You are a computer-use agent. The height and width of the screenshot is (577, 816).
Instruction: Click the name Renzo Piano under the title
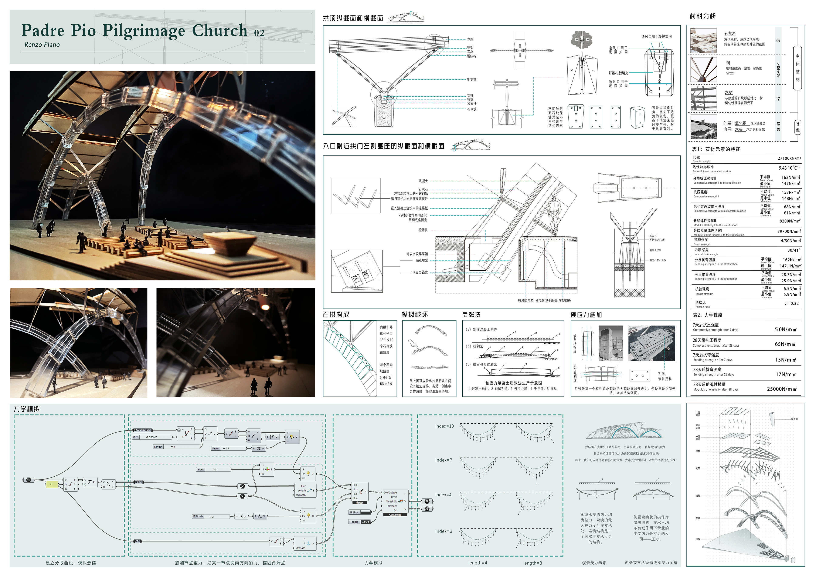pyautogui.click(x=42, y=45)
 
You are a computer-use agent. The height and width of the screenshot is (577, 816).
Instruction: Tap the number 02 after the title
pyautogui.click(x=259, y=33)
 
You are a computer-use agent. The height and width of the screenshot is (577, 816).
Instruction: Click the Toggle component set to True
pyautogui.click(x=360, y=522)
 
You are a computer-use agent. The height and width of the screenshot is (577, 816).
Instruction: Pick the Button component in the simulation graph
pyautogui.click(x=360, y=512)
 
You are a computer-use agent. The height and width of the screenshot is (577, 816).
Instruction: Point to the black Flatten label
pyautogui.click(x=360, y=503)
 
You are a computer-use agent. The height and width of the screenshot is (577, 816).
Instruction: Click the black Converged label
pyautogui.click(x=395, y=515)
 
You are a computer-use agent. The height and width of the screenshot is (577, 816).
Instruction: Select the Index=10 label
pyautogui.click(x=444, y=426)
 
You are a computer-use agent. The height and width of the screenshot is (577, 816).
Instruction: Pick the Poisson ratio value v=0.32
pyautogui.click(x=791, y=303)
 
